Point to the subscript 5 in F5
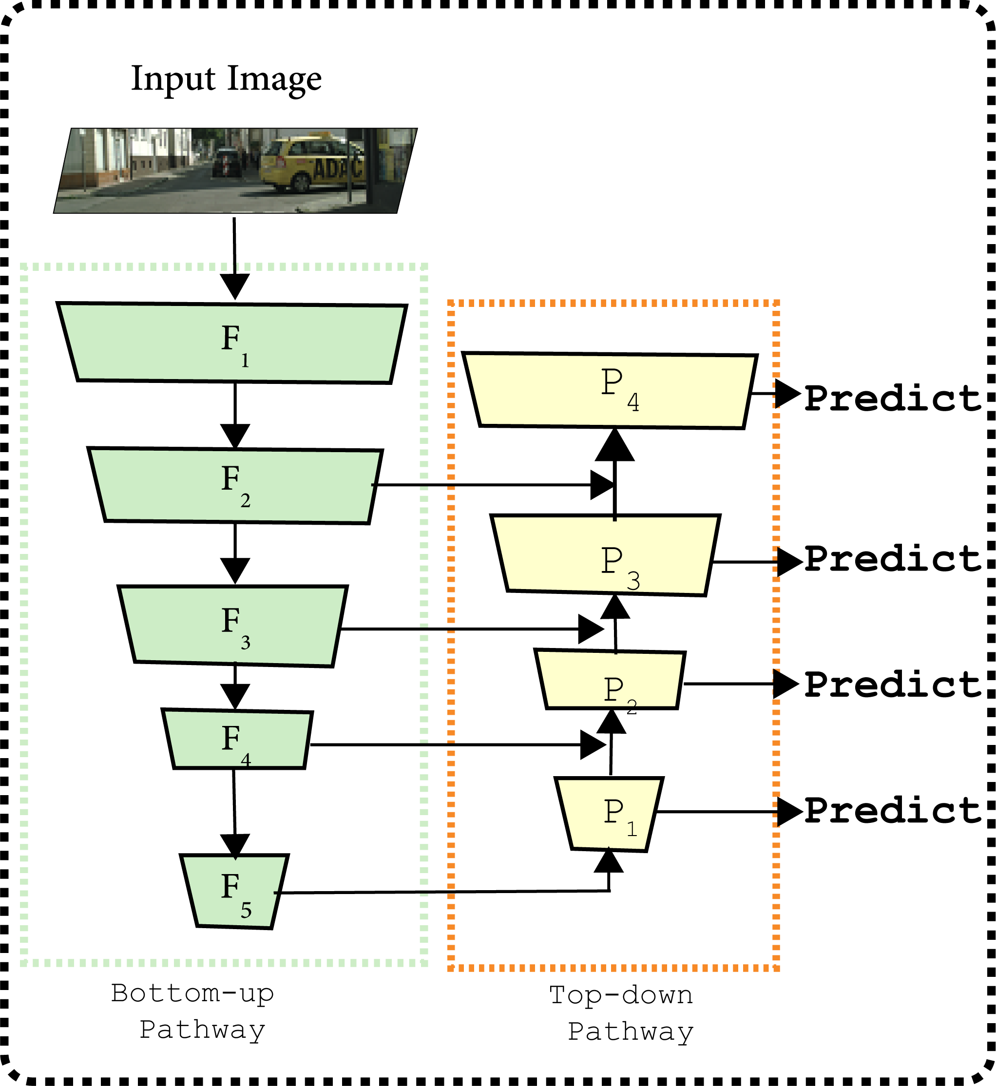pyautogui.click(x=246, y=910)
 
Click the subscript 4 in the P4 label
pyautogui.click(x=633, y=402)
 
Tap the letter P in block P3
pyautogui.click(x=612, y=560)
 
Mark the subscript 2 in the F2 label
pyautogui.click(x=245, y=501)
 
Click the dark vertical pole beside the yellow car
pyautogui.click(x=370, y=165)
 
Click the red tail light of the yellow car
pyautogui.click(x=280, y=161)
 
